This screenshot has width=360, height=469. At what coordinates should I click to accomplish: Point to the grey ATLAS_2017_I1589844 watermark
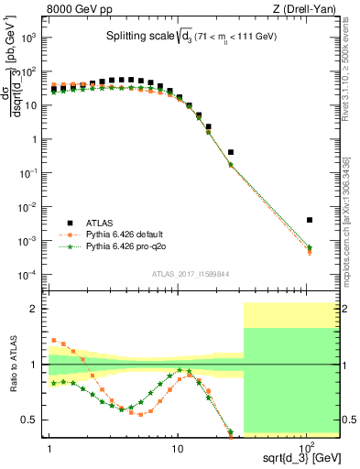(x=191, y=273)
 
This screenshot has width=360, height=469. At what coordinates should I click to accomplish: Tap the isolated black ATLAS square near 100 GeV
(x=310, y=220)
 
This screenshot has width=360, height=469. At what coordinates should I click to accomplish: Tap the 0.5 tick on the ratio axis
(x=33, y=420)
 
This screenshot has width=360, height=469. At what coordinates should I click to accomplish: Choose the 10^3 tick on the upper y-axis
(x=29, y=38)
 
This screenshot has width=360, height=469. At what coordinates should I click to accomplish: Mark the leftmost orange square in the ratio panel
(x=54, y=340)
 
